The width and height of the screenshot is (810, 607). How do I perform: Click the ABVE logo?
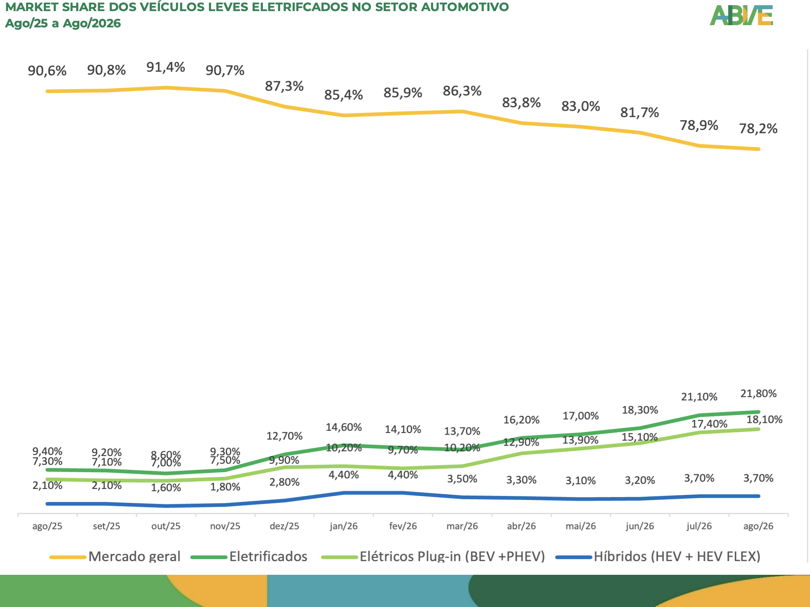coord(741,15)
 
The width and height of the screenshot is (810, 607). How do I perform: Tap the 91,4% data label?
coord(165,67)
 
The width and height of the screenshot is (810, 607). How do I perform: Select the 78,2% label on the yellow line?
coord(758,128)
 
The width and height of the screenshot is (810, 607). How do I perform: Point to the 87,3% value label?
coord(284,86)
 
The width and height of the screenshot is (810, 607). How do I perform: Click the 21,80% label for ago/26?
coord(758,393)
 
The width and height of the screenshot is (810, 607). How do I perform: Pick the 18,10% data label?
coord(764,419)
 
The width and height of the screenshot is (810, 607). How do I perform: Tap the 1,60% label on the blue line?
coord(166,487)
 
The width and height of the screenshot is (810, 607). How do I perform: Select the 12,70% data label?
coord(284,436)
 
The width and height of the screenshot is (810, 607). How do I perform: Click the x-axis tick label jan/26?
coord(344,526)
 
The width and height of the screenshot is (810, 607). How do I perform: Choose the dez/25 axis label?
coord(284,526)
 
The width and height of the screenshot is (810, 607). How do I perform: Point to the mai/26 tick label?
coord(580,526)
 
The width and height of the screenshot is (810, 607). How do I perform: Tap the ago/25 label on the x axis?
coord(47,526)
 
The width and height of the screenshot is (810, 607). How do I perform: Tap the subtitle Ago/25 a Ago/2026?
coord(63,23)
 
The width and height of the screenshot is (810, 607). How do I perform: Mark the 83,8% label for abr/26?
coord(521,103)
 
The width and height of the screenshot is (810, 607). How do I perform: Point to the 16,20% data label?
coord(521,420)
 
